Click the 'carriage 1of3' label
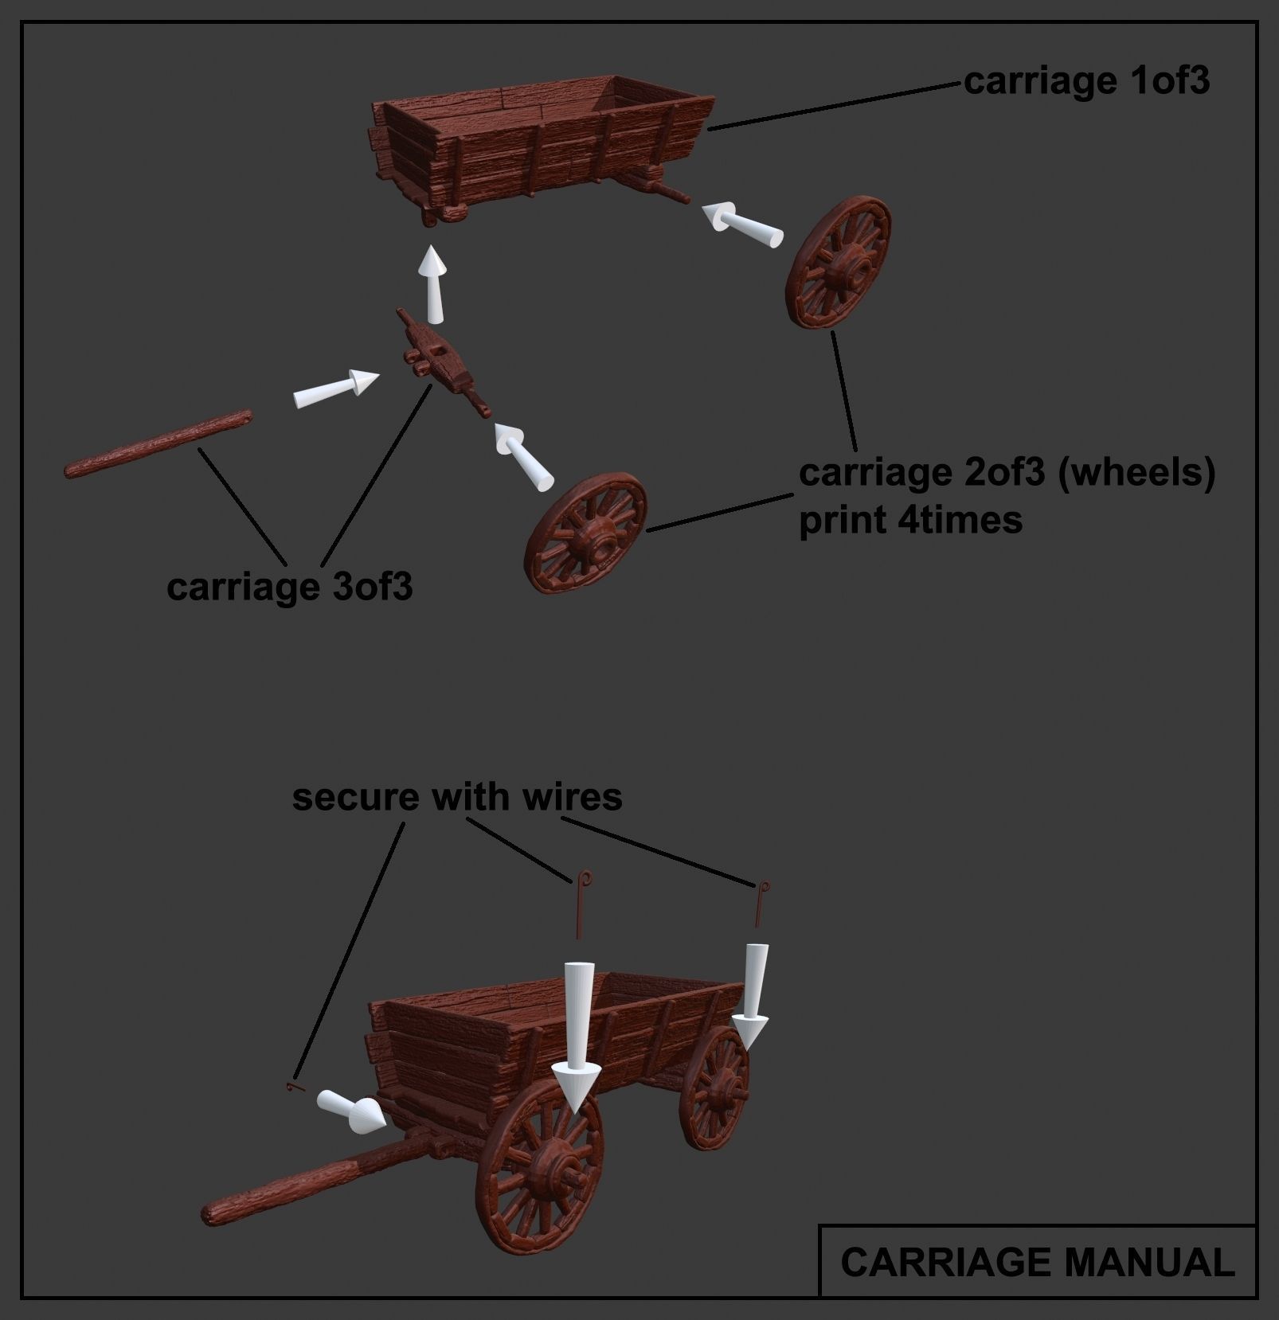click(x=1085, y=81)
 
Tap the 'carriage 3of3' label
click(x=289, y=588)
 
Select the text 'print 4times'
click(x=909, y=521)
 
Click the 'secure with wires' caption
click(x=456, y=797)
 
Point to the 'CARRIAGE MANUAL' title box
click(x=1037, y=1262)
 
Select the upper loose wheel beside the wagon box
click(x=838, y=262)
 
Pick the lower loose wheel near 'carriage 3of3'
click(x=586, y=533)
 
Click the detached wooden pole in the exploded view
click(x=158, y=444)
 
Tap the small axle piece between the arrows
click(x=440, y=362)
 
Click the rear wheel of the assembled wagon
click(x=714, y=1087)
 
